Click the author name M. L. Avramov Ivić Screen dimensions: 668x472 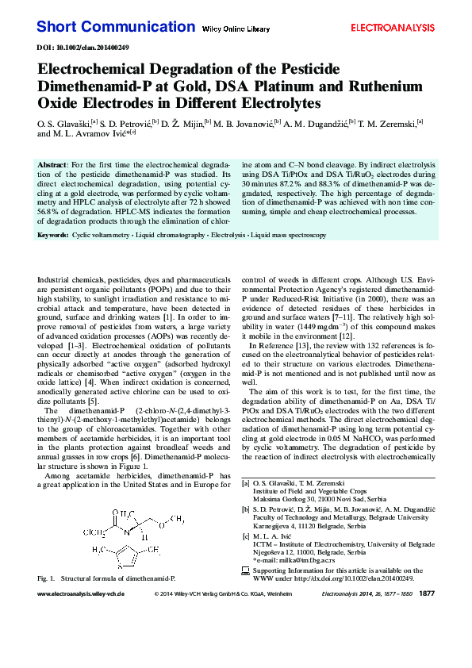tap(91, 133)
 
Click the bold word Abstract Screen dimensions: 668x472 tap(52, 163)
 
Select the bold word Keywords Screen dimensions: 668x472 tap(52, 236)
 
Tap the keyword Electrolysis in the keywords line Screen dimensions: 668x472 tap(228, 236)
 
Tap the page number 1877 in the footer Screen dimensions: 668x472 tap(427, 616)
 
